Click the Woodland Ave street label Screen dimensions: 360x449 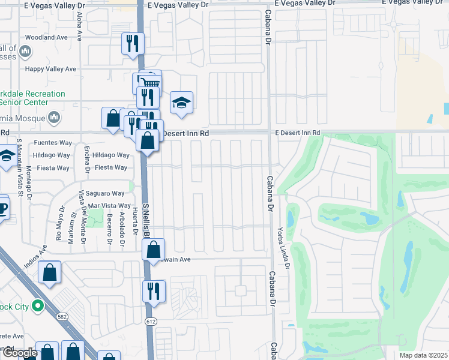click(x=46, y=37)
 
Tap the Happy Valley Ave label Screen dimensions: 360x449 click(x=50, y=69)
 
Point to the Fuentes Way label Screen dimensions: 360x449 click(x=53, y=143)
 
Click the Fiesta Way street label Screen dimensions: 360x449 click(x=111, y=167)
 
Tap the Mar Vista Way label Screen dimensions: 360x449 click(x=108, y=206)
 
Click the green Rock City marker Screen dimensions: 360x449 click(x=37, y=307)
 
